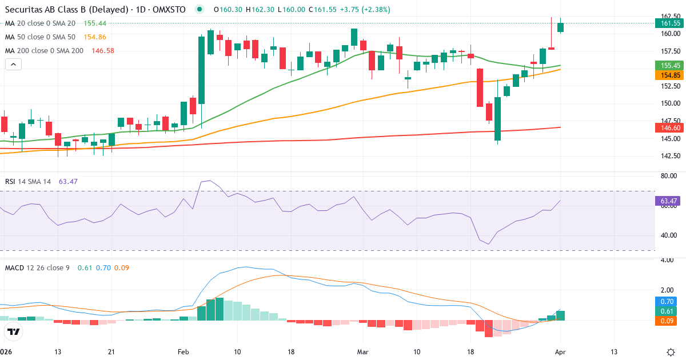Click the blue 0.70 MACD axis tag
pyautogui.click(x=667, y=301)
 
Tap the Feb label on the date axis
pyautogui.click(x=183, y=352)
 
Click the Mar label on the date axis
pyautogui.click(x=363, y=352)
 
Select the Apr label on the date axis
pyautogui.click(x=561, y=352)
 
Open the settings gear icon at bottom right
pyautogui.click(x=672, y=352)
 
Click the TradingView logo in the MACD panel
pyautogui.click(x=14, y=331)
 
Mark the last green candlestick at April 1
pyautogui.click(x=561, y=26)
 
